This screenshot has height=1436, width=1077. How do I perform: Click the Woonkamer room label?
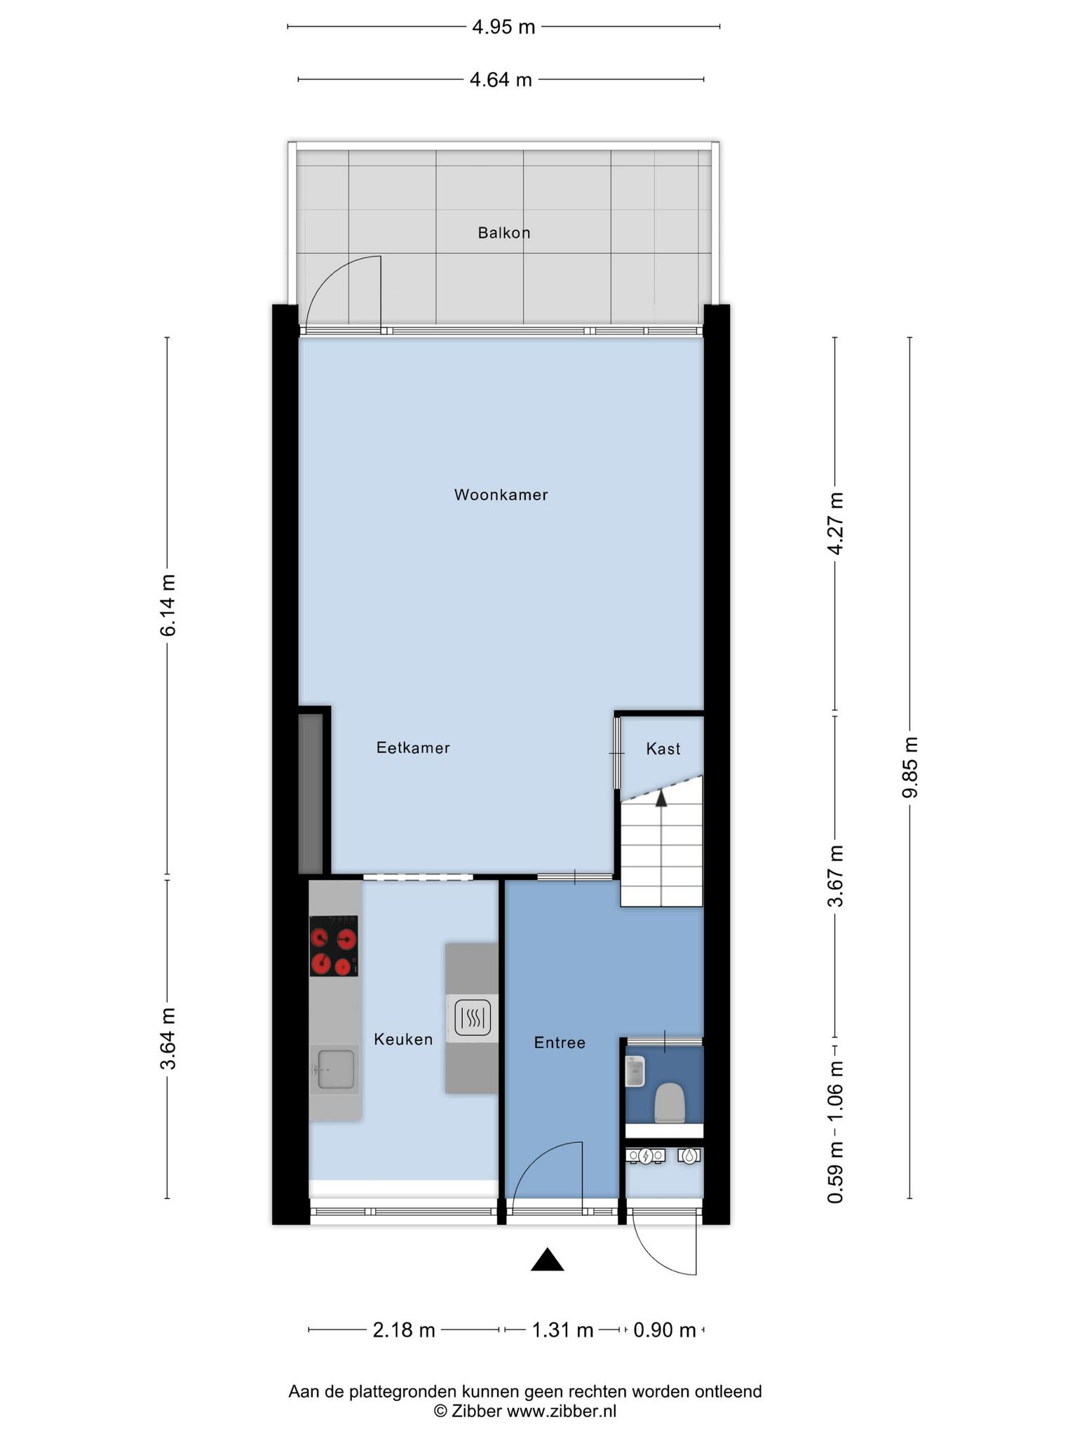click(x=501, y=495)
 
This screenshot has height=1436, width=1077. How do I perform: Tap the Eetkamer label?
click(x=413, y=747)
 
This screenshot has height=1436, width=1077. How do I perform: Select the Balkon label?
click(x=504, y=233)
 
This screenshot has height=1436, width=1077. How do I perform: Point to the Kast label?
click(x=663, y=749)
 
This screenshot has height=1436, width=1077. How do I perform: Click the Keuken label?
click(x=403, y=1039)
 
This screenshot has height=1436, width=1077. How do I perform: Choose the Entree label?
click(x=560, y=1043)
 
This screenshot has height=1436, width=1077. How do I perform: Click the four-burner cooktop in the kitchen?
click(x=334, y=946)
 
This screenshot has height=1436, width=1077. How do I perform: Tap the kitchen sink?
click(x=335, y=1069)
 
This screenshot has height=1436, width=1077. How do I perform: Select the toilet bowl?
click(x=669, y=1103)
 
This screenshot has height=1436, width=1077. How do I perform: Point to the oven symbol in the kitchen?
click(x=472, y=1017)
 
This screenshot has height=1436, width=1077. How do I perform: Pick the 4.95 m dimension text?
click(x=503, y=27)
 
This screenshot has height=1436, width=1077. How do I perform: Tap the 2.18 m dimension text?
click(x=404, y=1330)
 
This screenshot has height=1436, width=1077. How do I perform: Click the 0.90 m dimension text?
click(x=664, y=1330)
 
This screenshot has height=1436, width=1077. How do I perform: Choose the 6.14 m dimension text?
click(x=168, y=605)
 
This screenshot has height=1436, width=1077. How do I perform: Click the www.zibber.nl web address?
click(x=562, y=1411)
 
